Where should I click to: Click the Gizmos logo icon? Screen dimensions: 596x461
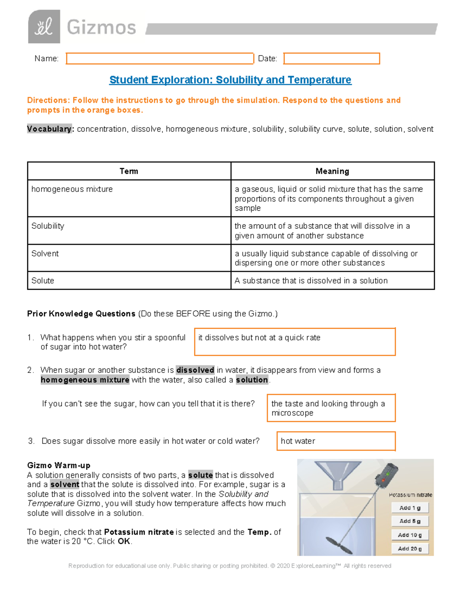(44, 26)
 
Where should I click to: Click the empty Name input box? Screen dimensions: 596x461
(160, 59)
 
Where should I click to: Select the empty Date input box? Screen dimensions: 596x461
(332, 59)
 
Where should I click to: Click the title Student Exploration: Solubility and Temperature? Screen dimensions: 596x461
(230, 80)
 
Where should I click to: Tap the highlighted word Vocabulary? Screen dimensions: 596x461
(50, 129)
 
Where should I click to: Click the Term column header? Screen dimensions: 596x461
(129, 171)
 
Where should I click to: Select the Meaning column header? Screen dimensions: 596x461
(332, 171)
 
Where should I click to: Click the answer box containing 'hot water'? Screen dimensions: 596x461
(336, 441)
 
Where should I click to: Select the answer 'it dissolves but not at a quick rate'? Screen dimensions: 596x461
(295, 342)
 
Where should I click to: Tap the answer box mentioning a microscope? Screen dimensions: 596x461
(331, 408)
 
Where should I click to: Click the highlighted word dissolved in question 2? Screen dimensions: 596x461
(195, 370)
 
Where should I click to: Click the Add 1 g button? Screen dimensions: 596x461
(410, 508)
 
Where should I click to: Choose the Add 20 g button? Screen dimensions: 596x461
(410, 549)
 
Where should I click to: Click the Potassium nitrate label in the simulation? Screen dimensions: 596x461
(410, 495)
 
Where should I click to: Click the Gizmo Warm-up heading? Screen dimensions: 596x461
(59, 466)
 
